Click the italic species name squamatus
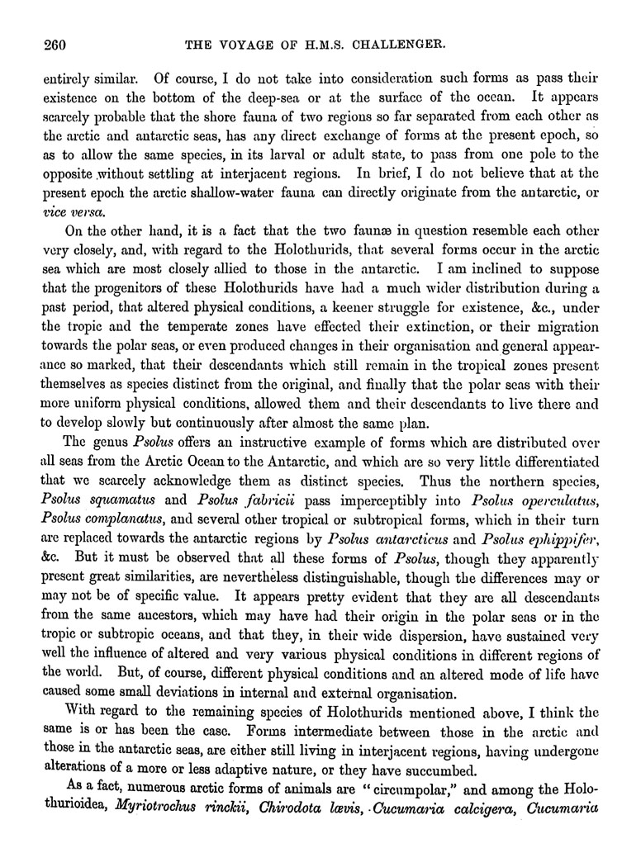point(120,499)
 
